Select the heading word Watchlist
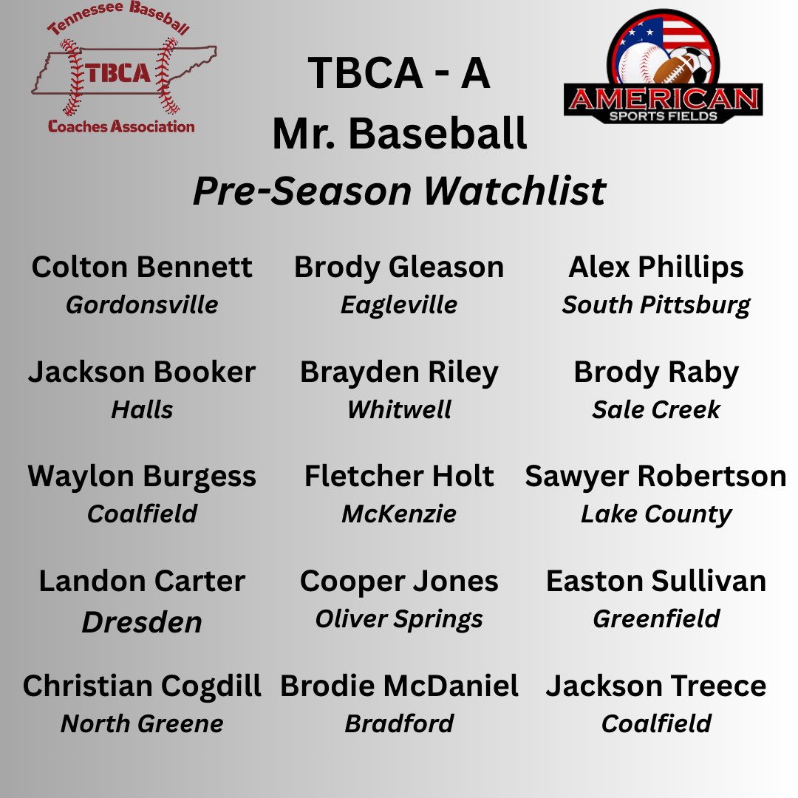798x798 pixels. [515, 191]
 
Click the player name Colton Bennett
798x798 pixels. [142, 267]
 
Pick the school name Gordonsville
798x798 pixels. [142, 304]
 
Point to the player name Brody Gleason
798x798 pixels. [399, 267]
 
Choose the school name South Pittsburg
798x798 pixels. [656, 304]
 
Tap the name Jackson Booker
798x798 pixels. [142, 372]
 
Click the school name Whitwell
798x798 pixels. [399, 409]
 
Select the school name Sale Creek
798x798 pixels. [656, 409]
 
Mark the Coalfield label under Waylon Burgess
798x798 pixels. [142, 514]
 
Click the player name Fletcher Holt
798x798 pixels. [399, 477]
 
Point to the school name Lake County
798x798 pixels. [656, 514]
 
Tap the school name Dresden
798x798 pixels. [142, 622]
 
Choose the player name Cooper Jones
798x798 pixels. [399, 582]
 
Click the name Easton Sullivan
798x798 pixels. [656, 582]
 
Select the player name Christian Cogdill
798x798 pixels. [142, 686]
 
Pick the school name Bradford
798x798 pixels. [399, 723]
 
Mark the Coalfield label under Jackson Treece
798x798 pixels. [656, 723]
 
